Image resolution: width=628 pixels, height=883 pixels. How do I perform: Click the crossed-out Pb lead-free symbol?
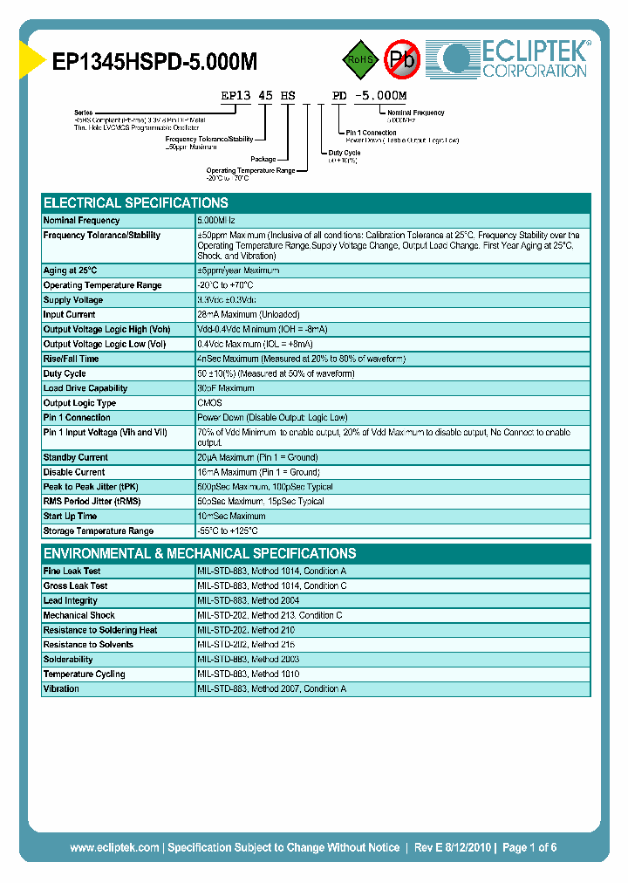402,58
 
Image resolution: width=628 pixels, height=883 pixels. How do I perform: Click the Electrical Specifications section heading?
136,202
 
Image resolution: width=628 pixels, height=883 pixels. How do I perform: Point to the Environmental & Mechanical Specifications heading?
200,553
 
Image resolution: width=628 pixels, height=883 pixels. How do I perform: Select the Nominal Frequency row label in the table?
82,221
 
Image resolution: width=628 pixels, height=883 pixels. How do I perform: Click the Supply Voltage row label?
73,300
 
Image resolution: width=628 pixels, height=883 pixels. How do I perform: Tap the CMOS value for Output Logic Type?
210,403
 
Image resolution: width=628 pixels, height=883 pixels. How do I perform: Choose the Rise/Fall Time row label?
71,359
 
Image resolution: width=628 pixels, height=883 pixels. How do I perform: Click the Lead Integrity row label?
71,600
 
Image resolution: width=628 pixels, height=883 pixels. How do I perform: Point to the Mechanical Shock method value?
270,615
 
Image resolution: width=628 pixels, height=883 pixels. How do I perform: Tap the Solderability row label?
68,660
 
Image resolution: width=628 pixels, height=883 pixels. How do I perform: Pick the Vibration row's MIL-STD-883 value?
271,689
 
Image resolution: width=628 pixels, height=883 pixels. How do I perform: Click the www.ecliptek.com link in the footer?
114,847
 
